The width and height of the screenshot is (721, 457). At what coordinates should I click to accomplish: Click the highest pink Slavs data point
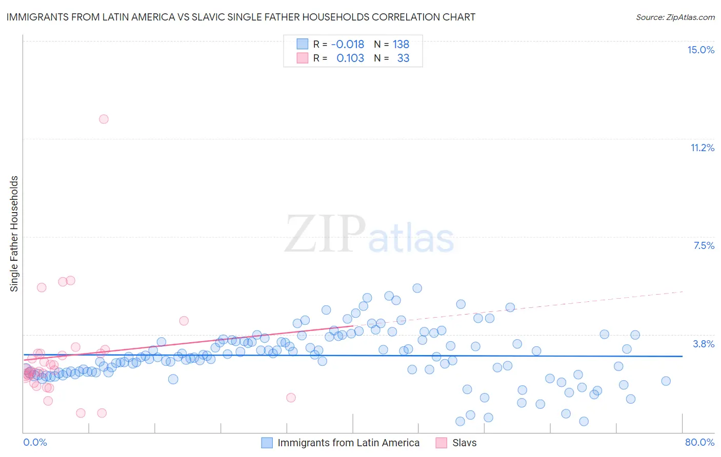104,119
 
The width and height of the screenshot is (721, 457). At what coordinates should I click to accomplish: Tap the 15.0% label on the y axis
700,50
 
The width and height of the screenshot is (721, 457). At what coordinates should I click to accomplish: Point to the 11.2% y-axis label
702,148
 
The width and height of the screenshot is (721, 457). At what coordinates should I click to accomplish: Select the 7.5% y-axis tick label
704,245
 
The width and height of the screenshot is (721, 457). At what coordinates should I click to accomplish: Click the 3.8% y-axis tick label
704,344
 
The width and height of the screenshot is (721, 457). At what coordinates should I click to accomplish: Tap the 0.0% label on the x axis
35,442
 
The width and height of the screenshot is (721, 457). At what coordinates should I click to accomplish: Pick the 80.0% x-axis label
699,442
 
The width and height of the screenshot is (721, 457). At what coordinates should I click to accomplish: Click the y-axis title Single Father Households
14,234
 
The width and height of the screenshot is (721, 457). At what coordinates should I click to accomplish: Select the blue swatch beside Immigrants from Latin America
267,443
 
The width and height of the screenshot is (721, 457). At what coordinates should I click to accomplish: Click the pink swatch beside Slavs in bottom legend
441,443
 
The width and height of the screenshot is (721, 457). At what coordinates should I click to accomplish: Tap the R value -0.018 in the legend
348,45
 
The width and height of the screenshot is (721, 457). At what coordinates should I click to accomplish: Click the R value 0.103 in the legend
350,58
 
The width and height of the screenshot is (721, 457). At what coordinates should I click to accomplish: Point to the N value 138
401,45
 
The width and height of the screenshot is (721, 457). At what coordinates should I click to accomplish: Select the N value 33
403,58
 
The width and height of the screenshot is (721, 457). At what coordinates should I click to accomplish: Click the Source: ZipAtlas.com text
675,17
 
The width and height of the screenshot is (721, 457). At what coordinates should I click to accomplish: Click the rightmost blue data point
666,381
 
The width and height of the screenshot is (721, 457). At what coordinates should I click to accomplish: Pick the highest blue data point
417,288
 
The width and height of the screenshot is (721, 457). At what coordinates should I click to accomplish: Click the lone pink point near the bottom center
291,398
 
